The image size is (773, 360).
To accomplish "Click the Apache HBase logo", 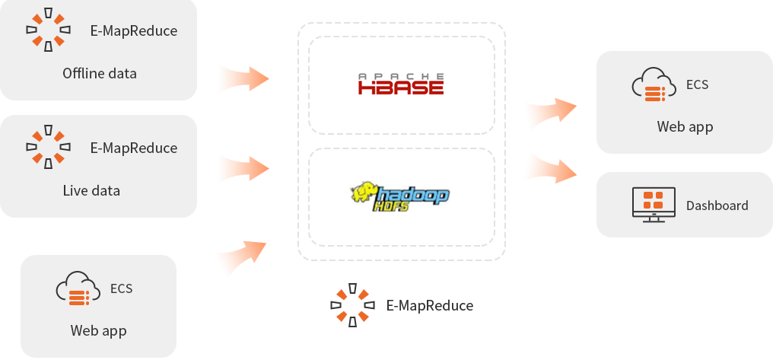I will [x=401, y=84].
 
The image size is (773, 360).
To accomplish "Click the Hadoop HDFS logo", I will [x=400, y=197].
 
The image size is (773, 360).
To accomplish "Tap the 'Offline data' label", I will [x=100, y=73].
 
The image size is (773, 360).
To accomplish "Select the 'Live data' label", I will [x=91, y=190].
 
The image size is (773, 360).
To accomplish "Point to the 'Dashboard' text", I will [x=717, y=205].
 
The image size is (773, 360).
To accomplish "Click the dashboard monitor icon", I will [x=654, y=204].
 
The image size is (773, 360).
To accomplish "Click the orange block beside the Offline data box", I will [x=242, y=78].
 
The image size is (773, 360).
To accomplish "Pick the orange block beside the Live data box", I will [x=242, y=168].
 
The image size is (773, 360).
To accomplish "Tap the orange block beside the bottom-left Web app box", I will [x=238, y=262].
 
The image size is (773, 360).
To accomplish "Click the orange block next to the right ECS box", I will [x=548, y=116].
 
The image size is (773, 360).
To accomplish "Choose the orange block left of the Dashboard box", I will [x=549, y=165].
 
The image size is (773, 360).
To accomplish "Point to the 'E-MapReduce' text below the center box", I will [x=431, y=306].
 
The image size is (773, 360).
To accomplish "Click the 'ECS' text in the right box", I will [x=697, y=84].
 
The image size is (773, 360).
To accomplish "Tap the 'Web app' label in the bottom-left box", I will [x=98, y=330].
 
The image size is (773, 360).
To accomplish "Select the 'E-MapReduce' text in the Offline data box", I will [x=134, y=31].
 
